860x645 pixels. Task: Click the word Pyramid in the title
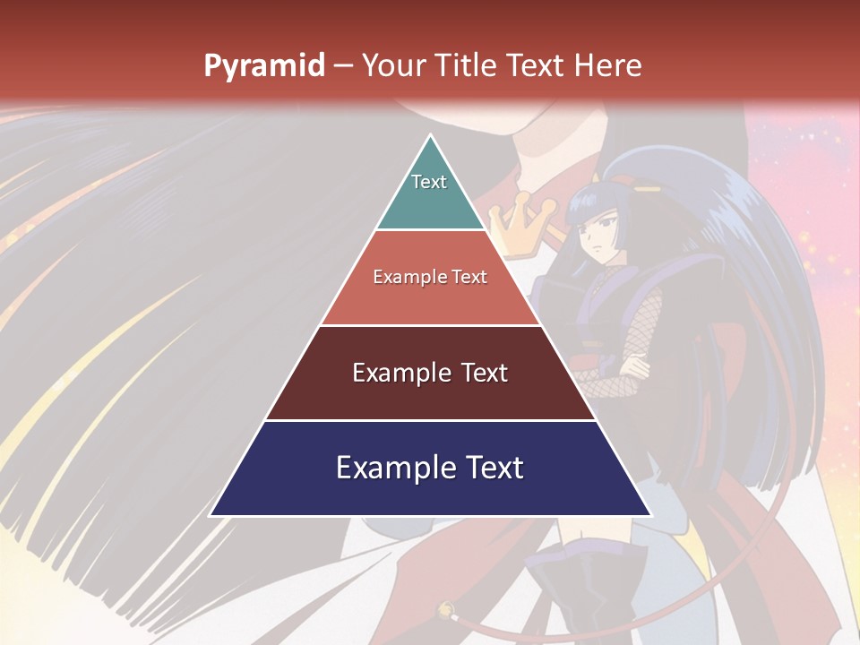(x=264, y=65)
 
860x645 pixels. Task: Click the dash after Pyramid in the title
(x=343, y=65)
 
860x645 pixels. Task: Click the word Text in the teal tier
(x=429, y=182)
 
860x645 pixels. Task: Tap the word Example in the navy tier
(x=391, y=468)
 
